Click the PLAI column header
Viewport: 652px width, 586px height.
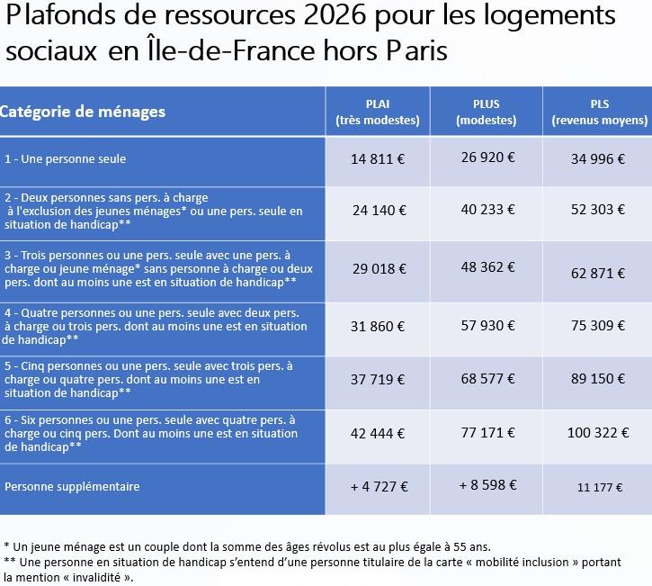pos(378,112)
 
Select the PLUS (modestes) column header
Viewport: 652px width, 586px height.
pos(487,112)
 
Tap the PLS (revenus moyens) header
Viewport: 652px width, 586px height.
pos(600,112)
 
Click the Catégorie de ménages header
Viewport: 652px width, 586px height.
pos(84,112)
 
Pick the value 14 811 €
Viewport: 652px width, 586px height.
pos(378,159)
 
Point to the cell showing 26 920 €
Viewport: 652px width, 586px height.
pos(487,157)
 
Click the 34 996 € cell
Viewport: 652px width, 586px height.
pos(598,159)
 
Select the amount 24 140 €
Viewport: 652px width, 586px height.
pos(378,211)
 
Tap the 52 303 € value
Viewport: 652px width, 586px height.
pos(598,210)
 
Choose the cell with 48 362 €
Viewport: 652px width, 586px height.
pos(487,267)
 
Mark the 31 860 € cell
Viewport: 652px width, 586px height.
pos(378,327)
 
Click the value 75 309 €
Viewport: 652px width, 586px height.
pos(598,327)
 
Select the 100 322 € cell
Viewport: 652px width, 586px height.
pos(598,433)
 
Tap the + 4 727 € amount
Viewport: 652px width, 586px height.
pos(379,486)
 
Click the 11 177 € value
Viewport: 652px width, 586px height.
pos(598,487)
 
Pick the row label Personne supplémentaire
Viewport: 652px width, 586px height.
pos(72,486)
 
